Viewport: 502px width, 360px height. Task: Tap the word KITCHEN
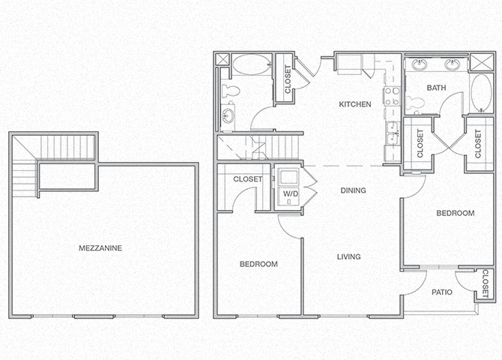[355, 104]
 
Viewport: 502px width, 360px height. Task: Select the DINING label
[352, 190]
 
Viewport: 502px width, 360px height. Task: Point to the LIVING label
[348, 256]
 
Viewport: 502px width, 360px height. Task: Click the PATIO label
[441, 293]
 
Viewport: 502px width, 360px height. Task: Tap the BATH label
[436, 88]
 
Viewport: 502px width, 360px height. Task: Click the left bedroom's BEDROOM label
[258, 264]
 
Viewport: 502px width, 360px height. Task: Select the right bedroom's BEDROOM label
[456, 213]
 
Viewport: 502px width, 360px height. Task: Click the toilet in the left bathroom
[232, 91]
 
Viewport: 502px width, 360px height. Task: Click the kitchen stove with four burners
[390, 95]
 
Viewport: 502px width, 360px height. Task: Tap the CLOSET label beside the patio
[486, 285]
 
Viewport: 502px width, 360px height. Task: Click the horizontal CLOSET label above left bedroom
[247, 179]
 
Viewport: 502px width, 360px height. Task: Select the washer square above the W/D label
[288, 177]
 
